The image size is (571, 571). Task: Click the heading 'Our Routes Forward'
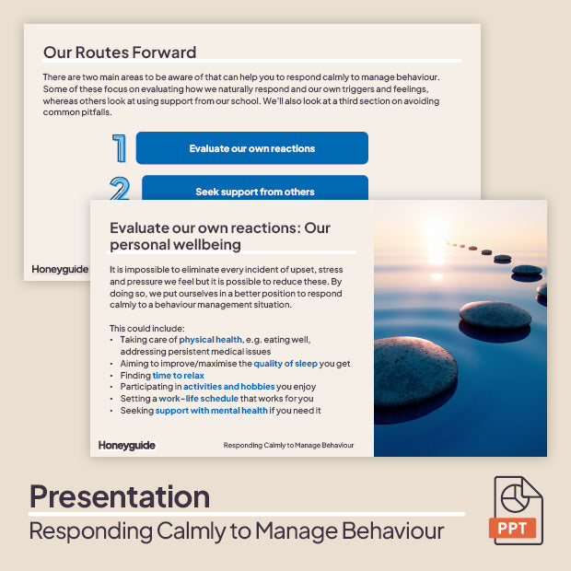[x=120, y=52]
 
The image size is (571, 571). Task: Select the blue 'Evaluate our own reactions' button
[x=251, y=148]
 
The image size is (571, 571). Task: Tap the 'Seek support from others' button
[x=254, y=191]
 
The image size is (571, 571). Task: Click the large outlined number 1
[x=119, y=148]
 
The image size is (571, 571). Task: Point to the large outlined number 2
[x=120, y=190]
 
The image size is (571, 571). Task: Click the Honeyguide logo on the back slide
[x=59, y=269]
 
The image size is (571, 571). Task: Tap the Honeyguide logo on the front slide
[x=127, y=446]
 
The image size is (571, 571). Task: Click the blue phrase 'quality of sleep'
[x=289, y=364]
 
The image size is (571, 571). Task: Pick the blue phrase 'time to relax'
[x=179, y=376]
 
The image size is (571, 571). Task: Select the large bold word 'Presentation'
[x=120, y=497]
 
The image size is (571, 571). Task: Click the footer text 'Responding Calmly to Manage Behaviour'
[x=288, y=446]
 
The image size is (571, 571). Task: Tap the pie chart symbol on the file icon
[x=516, y=497]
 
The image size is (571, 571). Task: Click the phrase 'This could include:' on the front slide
[x=147, y=328]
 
